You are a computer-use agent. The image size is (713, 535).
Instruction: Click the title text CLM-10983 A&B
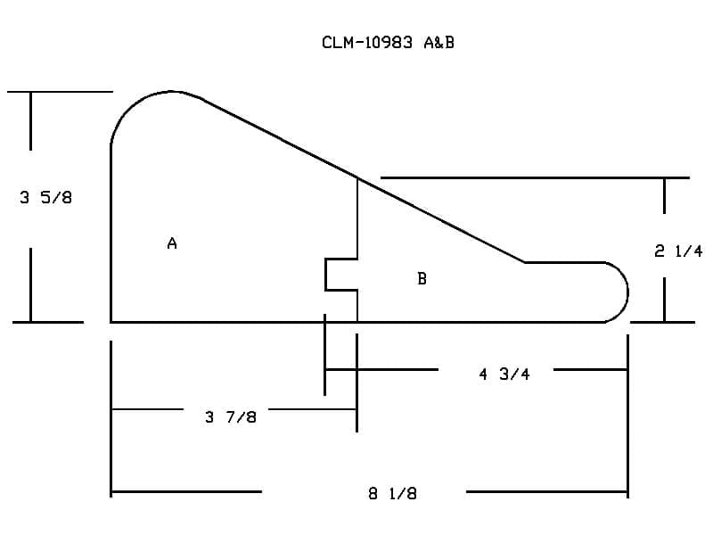point(388,42)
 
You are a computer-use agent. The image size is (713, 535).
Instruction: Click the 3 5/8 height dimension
point(46,197)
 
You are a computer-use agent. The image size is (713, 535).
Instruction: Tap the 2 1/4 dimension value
point(678,251)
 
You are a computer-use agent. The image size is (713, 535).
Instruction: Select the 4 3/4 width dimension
point(504,374)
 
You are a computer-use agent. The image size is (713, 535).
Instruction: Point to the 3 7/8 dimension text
point(231,416)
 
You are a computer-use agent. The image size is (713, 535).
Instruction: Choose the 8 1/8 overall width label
point(392,493)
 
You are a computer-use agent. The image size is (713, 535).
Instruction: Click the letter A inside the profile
point(172,243)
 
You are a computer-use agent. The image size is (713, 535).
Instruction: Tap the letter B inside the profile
point(422,278)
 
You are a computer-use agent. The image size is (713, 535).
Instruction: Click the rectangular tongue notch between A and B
point(325,275)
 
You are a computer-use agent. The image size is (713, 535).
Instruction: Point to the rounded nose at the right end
point(627,292)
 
